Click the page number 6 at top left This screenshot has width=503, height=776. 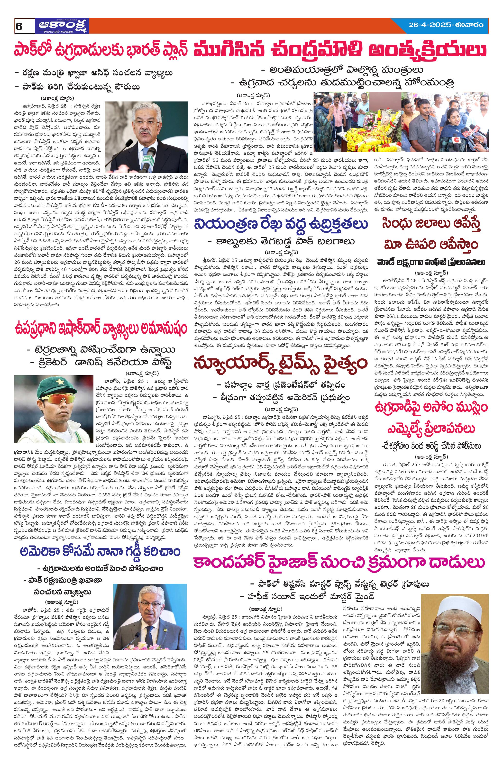point(18,27)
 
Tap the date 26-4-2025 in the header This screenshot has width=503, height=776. point(431,25)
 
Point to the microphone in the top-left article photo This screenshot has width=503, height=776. point(151,155)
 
